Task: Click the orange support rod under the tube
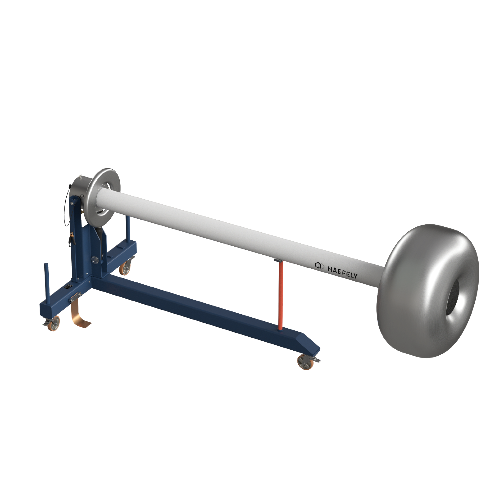coord(281,297)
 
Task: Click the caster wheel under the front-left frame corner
coord(54,324)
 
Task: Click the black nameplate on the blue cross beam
coord(69,287)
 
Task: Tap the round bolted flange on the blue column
coord(95,260)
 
